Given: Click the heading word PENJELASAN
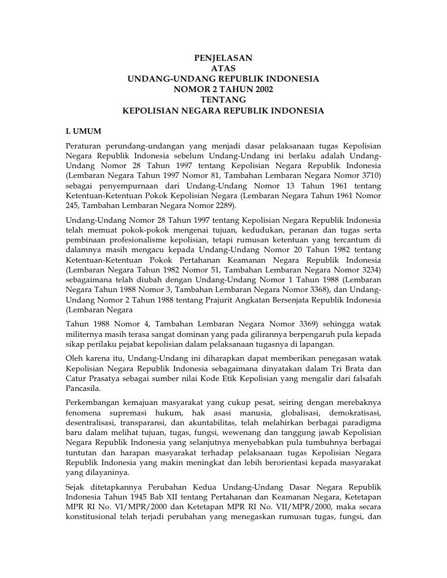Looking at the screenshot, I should tap(223, 58).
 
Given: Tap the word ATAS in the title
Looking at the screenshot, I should tap(223, 69).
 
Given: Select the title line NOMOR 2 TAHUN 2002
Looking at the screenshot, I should tap(223, 90).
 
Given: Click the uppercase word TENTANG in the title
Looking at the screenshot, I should tap(223, 100).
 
